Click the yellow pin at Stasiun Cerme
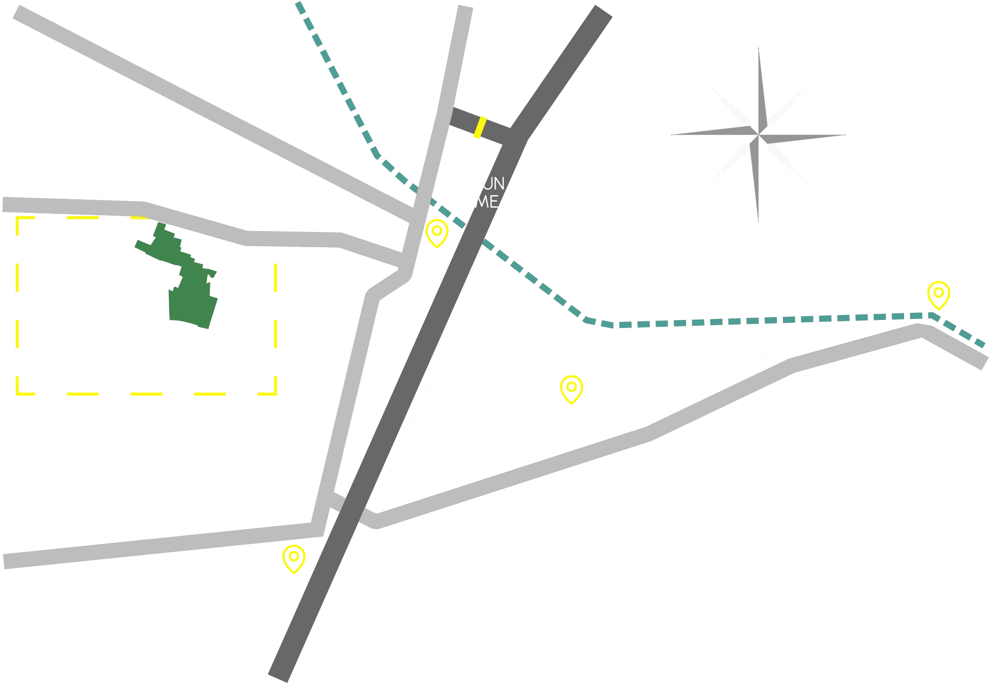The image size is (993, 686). [437, 232]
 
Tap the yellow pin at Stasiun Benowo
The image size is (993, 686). [938, 294]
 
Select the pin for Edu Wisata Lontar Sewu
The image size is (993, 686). [571, 388]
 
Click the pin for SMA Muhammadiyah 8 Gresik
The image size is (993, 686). [294, 558]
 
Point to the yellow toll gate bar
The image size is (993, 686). [480, 127]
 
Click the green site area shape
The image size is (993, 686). [190, 285]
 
